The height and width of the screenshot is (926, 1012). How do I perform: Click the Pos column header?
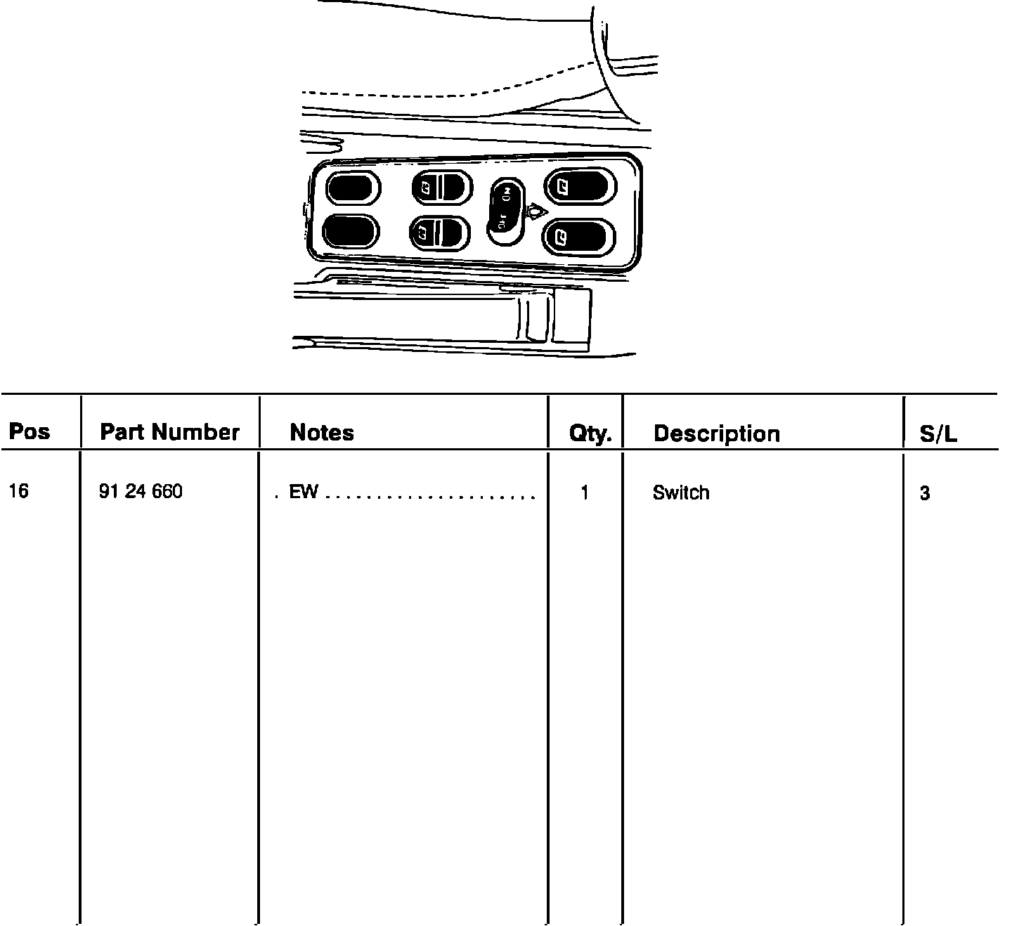[29, 431]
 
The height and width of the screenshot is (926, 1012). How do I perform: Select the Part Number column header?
[169, 431]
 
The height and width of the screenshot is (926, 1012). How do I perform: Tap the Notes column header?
[322, 432]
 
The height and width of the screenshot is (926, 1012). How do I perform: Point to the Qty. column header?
[590, 434]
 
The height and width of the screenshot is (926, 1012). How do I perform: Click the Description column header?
[716, 433]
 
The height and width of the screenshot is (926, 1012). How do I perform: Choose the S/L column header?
[938, 435]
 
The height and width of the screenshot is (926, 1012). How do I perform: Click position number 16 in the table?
[19, 491]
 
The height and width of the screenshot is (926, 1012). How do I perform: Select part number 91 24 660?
[141, 492]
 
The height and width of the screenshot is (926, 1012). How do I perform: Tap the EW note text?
[304, 493]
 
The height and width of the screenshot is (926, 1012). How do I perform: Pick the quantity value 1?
[584, 493]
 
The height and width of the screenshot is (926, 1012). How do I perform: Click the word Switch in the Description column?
[680, 493]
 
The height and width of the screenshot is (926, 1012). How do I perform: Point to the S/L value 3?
[925, 494]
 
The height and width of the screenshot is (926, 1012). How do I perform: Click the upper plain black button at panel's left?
[352, 188]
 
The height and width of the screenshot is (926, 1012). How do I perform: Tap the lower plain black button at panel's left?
[350, 231]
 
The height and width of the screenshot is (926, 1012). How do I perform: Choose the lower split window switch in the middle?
[439, 232]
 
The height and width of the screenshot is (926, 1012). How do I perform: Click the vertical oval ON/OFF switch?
[505, 209]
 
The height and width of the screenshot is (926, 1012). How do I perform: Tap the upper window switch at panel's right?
[580, 187]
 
